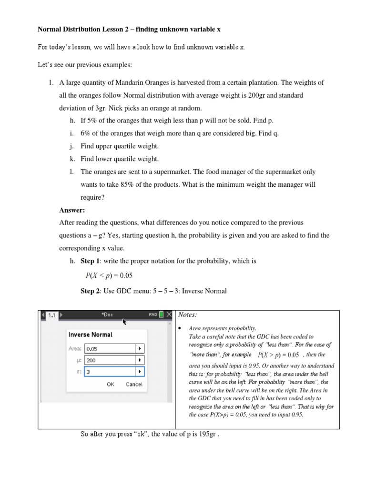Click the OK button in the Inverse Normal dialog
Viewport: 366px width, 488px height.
point(111,384)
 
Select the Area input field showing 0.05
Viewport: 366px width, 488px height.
point(110,348)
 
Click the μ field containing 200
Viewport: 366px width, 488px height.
point(110,360)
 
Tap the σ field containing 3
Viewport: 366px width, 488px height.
point(110,371)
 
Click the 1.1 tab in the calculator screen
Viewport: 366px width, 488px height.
point(51,315)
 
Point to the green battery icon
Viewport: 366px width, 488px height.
point(162,315)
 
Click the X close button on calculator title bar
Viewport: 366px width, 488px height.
point(169,315)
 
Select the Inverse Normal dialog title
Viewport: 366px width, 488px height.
point(91,335)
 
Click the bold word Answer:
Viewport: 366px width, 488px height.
point(72,210)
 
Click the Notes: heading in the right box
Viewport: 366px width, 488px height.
point(187,315)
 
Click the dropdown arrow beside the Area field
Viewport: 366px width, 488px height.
point(139,348)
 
